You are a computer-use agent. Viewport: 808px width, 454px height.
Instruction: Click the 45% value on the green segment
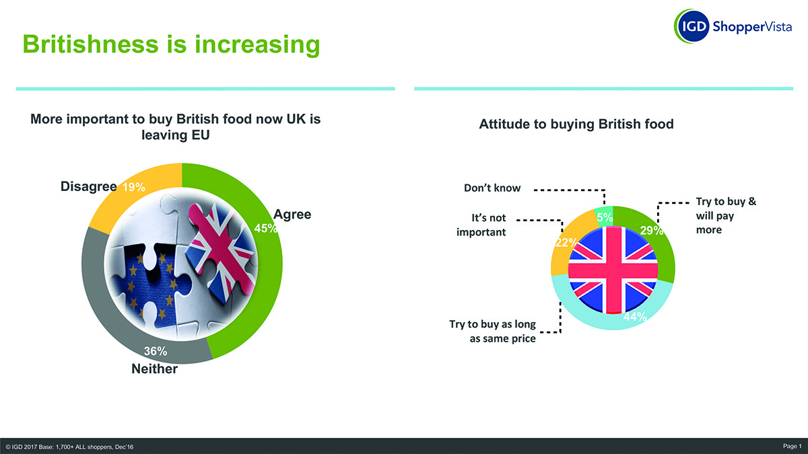266,228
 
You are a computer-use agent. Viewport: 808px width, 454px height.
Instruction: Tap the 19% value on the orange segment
134,187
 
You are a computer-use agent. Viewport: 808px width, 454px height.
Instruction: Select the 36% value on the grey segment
156,351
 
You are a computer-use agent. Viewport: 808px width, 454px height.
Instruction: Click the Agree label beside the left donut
292,215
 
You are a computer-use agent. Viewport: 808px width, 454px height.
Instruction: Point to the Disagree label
89,186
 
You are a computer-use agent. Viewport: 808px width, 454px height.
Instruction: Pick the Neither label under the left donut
154,369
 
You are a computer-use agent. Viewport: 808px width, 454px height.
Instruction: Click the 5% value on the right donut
605,217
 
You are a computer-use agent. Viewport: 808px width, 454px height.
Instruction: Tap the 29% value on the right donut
652,230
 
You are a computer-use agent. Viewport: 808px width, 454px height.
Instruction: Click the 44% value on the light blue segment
635,316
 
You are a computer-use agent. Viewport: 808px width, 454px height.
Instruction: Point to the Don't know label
492,188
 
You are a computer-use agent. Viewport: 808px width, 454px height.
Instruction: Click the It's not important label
481,225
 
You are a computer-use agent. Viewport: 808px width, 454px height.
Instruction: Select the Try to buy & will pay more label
726,215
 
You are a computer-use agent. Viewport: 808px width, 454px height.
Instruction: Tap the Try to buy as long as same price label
492,331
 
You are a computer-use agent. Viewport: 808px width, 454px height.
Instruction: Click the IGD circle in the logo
692,26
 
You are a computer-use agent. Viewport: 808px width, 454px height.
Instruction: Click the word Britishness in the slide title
90,44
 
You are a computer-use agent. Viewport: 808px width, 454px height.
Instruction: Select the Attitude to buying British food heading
576,124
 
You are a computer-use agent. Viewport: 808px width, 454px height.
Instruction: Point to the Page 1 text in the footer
792,447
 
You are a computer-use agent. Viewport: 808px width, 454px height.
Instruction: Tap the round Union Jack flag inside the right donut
613,270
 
